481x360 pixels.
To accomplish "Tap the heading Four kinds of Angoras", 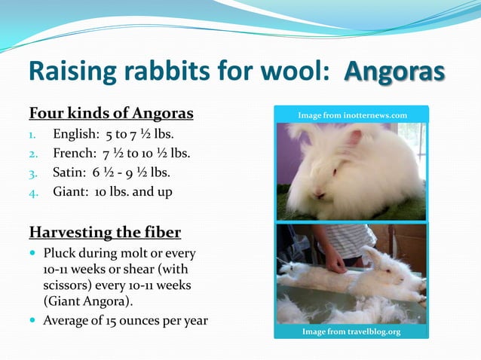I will [x=111, y=114].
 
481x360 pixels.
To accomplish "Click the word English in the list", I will [x=73, y=136].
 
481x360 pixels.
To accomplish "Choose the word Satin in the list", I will [x=68, y=173].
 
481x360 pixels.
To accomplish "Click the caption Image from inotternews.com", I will [x=351, y=114].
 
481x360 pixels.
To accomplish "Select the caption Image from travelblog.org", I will [x=351, y=331].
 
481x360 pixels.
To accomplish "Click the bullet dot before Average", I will [x=33, y=321].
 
